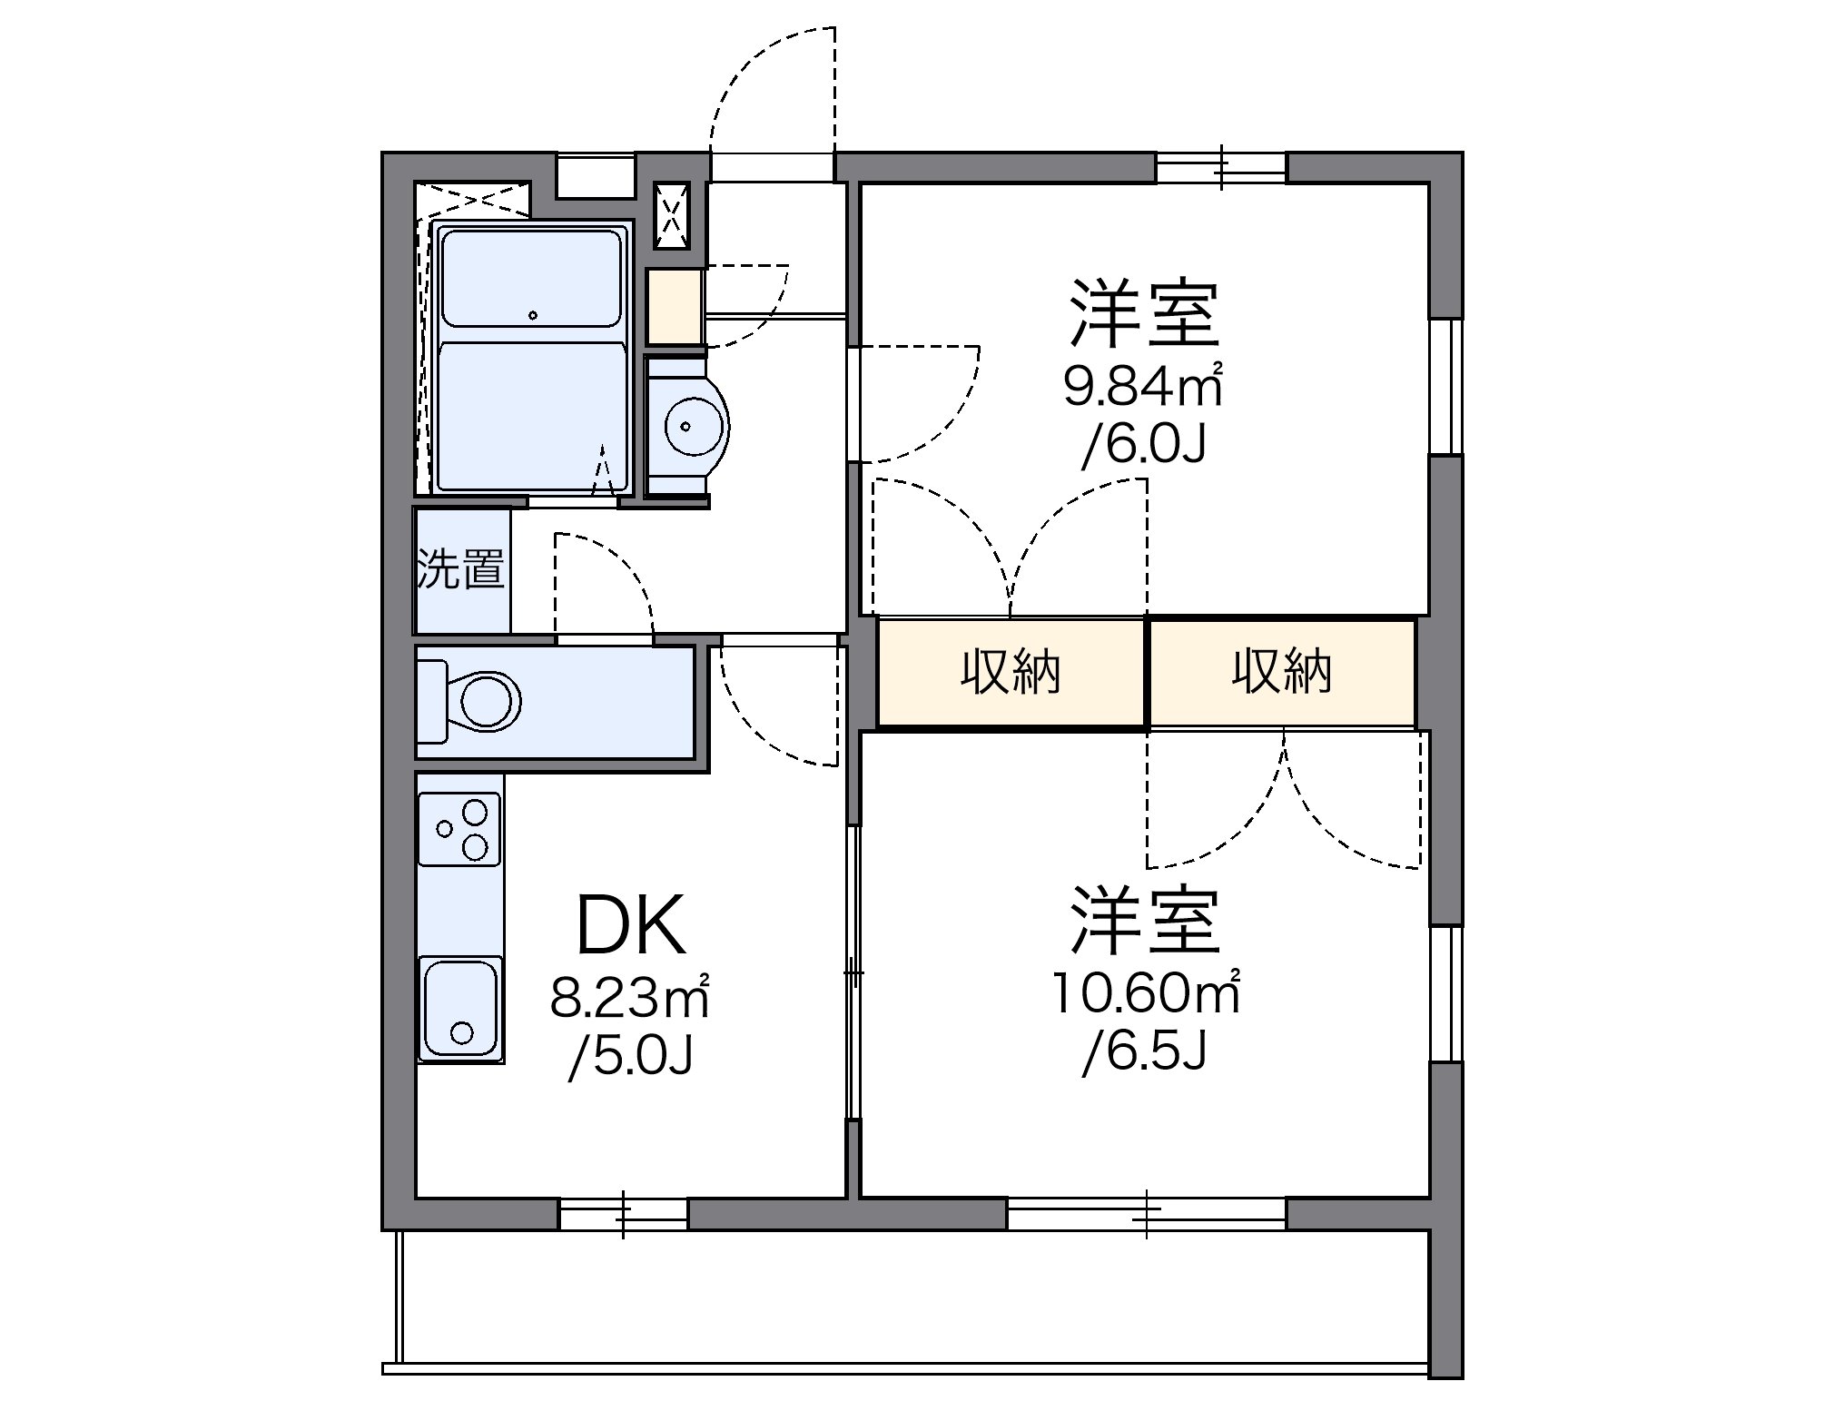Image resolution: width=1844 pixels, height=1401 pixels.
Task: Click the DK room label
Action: coord(632,925)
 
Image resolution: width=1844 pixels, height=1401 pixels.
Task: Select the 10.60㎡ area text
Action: coord(1146,992)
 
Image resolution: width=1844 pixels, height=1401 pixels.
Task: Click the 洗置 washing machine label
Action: coord(461,569)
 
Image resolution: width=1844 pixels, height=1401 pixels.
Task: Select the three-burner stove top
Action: coord(459,829)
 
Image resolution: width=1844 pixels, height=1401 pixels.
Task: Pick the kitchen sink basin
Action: coord(460,1009)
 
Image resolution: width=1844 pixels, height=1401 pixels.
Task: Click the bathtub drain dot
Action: coord(533,315)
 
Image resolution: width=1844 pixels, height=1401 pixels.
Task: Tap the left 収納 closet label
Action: coord(1011,673)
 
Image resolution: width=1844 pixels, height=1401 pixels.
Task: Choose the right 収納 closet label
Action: coord(1281,673)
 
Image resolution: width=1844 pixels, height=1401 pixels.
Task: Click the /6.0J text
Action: coord(1143,445)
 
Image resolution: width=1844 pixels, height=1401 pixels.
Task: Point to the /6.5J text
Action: coord(1144,1052)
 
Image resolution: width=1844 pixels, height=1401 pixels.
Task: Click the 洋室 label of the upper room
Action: coord(1144,313)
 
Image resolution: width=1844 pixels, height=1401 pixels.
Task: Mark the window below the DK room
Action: coord(623,1214)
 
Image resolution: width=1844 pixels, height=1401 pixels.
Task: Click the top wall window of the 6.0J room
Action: coord(1221,168)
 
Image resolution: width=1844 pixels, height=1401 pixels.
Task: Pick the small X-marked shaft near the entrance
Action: coord(673,215)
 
